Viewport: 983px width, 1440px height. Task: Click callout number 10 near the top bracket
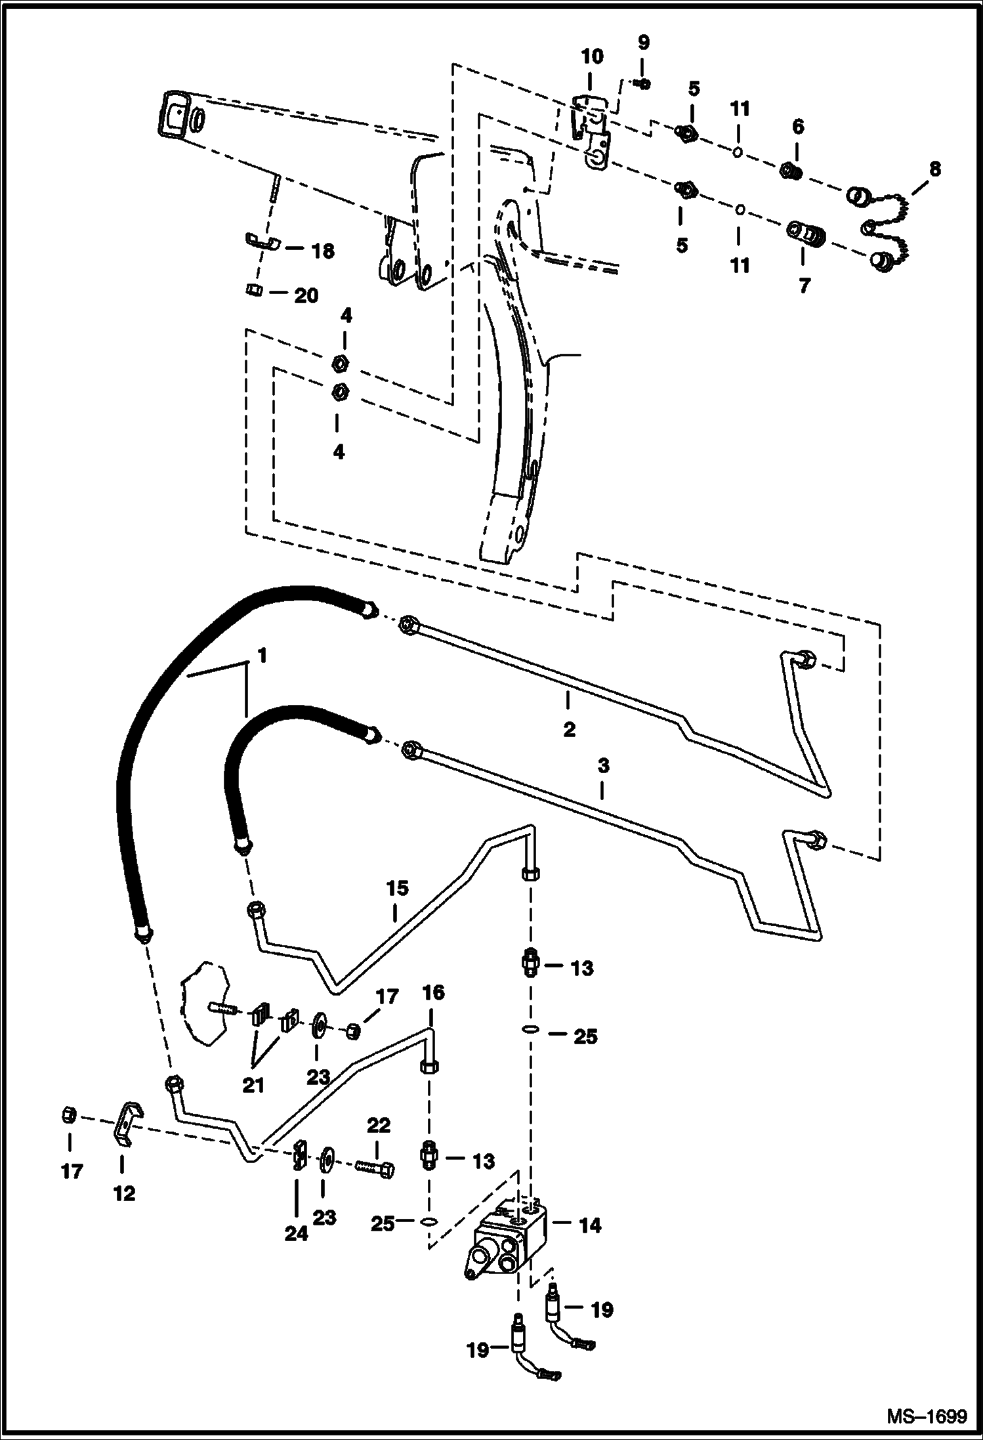(592, 56)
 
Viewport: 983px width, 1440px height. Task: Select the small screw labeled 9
(644, 83)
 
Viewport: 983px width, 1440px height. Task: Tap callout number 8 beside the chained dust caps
(934, 169)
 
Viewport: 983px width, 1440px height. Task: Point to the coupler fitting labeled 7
(806, 233)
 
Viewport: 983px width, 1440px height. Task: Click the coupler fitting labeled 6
(790, 172)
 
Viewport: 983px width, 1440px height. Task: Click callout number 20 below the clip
(306, 296)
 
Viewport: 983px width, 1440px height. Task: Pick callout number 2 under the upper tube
(569, 729)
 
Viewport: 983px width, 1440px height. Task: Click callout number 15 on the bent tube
(397, 889)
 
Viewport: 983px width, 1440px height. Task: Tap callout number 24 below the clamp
(296, 1233)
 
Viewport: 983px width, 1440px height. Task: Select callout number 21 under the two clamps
(253, 1086)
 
